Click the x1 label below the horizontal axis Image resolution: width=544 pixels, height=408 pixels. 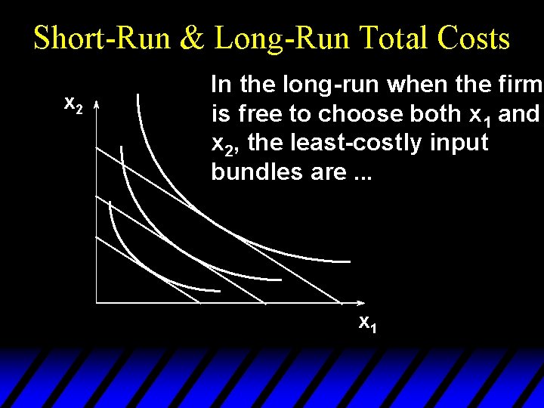pyautogui.click(x=367, y=324)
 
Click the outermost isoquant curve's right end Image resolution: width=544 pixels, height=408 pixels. pyautogui.click(x=349, y=261)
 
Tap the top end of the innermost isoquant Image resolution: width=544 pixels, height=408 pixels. pyautogui.click(x=110, y=202)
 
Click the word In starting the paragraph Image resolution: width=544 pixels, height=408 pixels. pyautogui.click(x=221, y=84)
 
